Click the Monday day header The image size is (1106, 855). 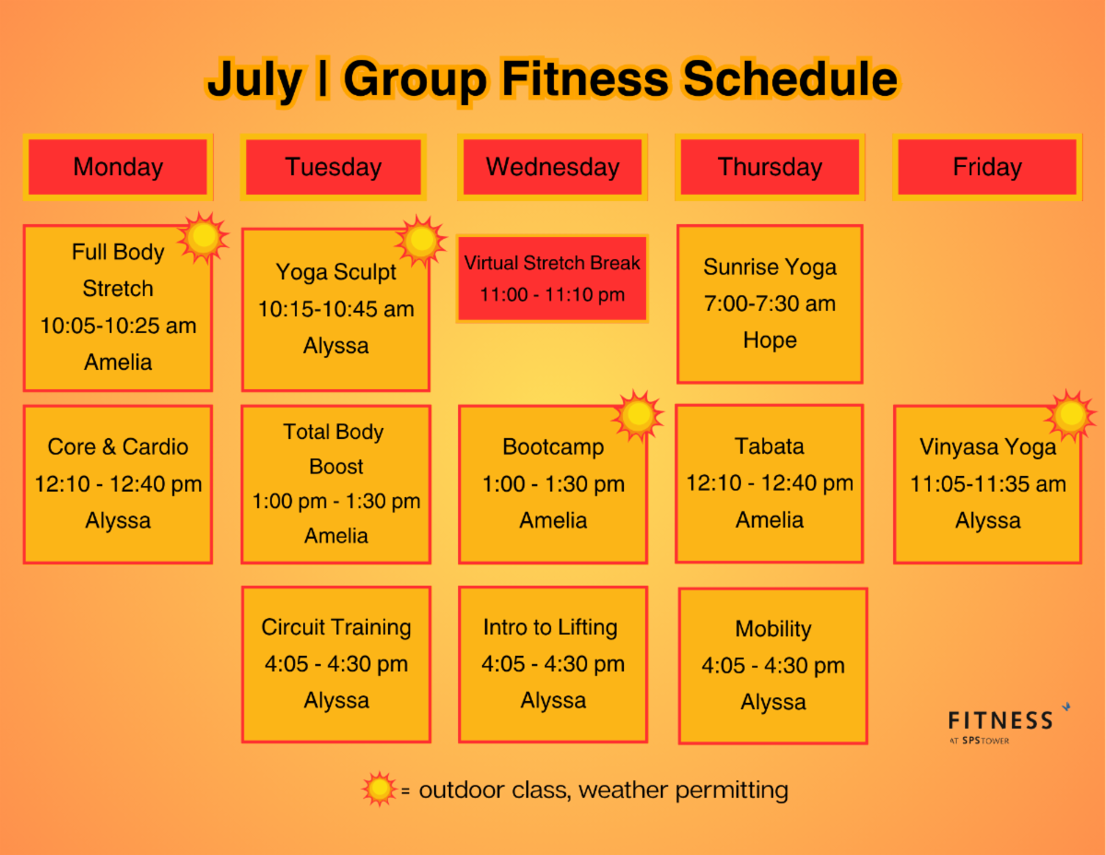[118, 167]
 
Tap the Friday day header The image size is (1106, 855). [987, 167]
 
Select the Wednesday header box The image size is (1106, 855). [552, 167]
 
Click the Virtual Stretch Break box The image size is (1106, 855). [552, 279]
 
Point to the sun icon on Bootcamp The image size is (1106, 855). [638, 416]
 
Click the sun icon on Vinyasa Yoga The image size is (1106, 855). [1071, 416]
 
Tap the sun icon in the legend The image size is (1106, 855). [379, 789]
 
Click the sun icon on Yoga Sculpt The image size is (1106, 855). [421, 241]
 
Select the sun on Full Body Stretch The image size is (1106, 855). [204, 237]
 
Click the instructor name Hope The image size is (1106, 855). [770, 340]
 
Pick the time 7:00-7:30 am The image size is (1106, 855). [770, 303]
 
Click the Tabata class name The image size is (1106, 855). [769, 446]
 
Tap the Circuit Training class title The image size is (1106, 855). [335, 627]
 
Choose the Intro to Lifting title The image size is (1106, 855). [550, 627]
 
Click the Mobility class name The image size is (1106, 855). [773, 629]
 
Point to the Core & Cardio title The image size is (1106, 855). [118, 446]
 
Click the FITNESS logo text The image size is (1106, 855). [1000, 720]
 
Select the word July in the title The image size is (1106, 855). [254, 80]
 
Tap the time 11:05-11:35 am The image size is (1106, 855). [987, 484]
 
